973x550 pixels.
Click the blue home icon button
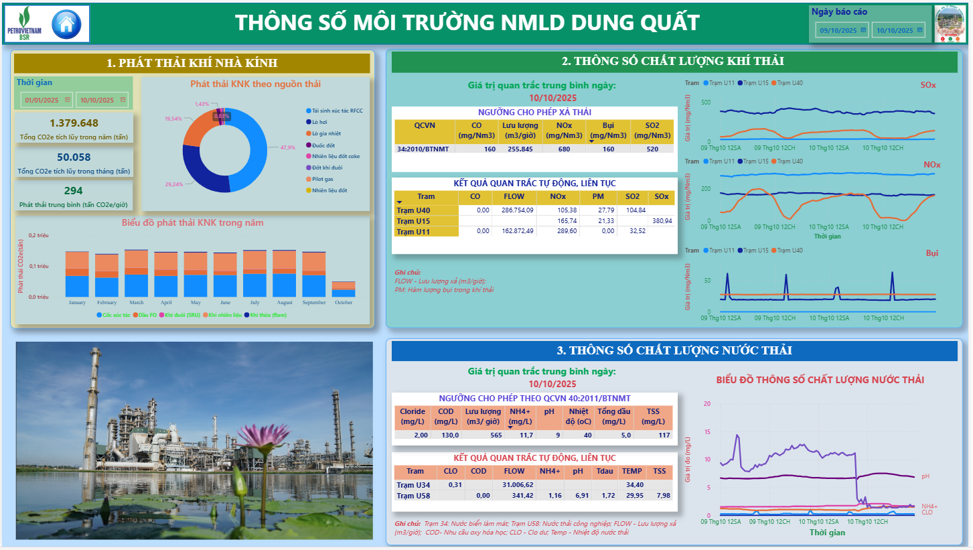pos(66,25)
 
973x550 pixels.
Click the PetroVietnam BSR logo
pos(24,24)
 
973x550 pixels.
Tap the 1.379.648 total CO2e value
pos(74,123)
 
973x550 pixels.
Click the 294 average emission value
pos(74,191)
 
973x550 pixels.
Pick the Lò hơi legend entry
pos(318,122)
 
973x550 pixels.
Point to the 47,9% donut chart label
pos(288,147)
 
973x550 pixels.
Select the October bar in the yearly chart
pos(344,289)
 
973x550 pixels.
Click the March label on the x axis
pos(136,303)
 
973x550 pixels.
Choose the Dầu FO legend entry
pos(147,314)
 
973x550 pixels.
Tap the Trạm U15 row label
pos(413,221)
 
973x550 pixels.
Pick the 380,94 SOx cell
pos(661,221)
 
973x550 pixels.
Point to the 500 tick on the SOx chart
pos(704,102)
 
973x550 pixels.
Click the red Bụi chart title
pos(932,253)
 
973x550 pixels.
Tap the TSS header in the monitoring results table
pos(660,471)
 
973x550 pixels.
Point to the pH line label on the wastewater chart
pos(925,476)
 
